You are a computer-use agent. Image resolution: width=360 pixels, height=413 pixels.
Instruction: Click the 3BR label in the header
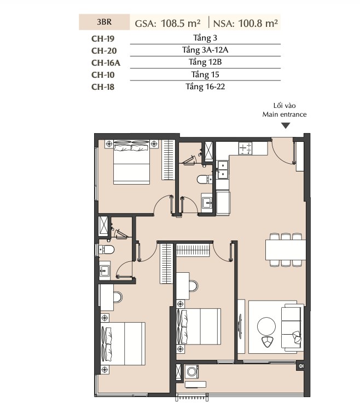[104, 22]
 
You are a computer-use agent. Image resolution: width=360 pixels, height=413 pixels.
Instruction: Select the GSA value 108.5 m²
[181, 24]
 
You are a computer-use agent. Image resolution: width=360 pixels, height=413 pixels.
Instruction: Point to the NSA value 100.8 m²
[258, 24]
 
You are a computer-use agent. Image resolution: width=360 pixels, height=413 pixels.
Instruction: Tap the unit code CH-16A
[106, 62]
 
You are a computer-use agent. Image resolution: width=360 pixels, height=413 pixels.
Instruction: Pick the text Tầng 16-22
[205, 87]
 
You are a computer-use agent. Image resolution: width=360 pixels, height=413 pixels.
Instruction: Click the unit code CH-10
[103, 75]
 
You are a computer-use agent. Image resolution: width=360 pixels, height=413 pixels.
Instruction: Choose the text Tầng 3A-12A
[205, 50]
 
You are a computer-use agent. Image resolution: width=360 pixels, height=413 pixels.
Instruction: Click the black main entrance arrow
[286, 125]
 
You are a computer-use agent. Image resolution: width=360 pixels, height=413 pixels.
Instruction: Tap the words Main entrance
[284, 114]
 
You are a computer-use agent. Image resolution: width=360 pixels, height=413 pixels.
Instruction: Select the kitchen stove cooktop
[245, 148]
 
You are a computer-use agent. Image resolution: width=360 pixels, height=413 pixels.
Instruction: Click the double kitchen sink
[223, 170]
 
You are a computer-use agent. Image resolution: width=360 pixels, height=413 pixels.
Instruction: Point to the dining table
[286, 250]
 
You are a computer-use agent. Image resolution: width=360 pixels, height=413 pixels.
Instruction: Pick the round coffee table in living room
[266, 326]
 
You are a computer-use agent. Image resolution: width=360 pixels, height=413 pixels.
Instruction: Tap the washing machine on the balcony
[191, 372]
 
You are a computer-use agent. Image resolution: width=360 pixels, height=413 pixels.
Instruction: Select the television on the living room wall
[240, 326]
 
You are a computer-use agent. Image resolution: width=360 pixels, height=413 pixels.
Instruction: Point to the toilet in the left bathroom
[106, 249]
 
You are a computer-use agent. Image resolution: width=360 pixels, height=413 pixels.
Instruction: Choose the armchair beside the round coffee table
[268, 342]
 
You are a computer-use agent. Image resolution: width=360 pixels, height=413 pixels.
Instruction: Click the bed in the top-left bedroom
[131, 162]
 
